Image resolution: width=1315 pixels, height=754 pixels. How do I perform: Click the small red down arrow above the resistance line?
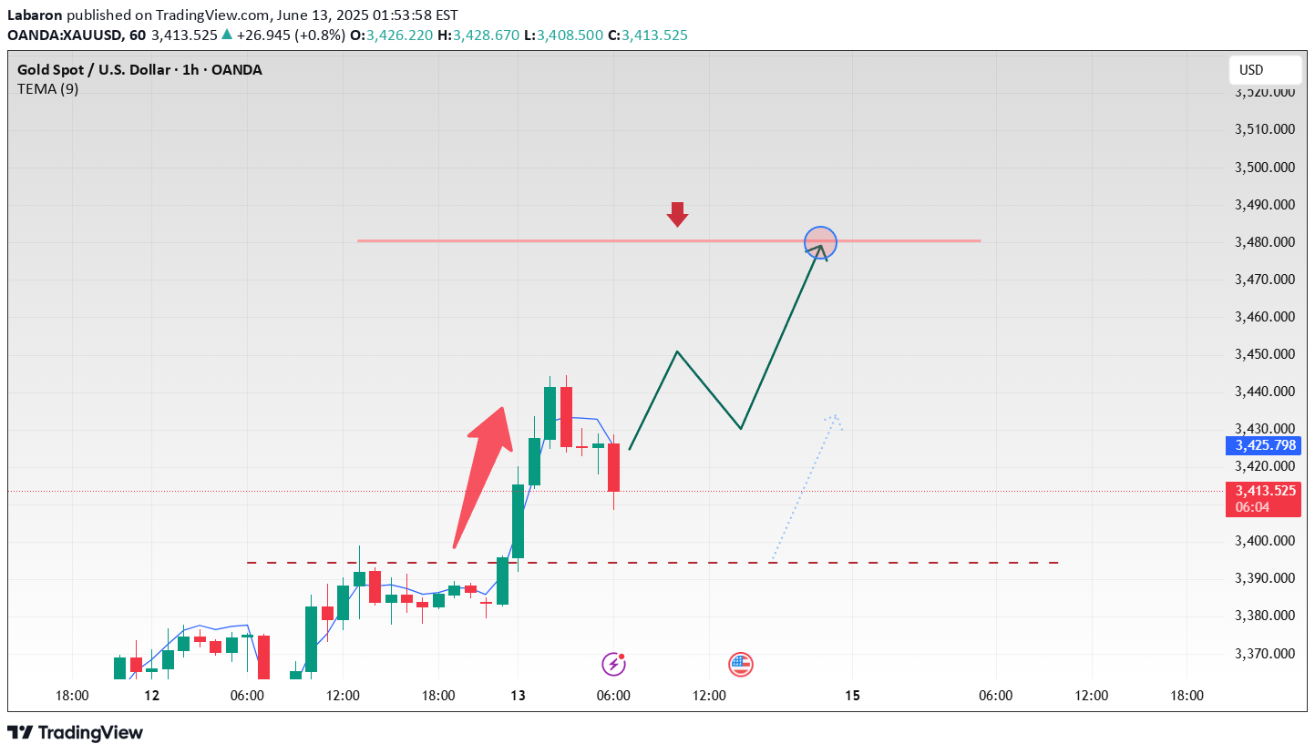point(676,214)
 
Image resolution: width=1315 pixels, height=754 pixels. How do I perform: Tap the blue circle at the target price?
point(820,241)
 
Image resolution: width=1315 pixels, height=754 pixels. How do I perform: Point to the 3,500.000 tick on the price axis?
point(1264,168)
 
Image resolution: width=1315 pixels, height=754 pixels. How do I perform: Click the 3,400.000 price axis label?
point(1264,541)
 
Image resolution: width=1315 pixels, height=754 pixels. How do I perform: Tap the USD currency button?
point(1264,70)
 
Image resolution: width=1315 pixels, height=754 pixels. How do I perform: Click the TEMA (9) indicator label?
point(47,89)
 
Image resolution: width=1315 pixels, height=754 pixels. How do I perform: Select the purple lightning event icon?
point(614,664)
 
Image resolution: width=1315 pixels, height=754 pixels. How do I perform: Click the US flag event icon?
point(741,665)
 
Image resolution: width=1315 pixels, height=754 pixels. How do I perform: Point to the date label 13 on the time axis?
point(518,696)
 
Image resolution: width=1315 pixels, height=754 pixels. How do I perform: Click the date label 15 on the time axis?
point(852,696)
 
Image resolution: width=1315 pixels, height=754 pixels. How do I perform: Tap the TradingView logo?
point(75,732)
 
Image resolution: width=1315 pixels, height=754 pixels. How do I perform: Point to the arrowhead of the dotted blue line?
point(833,418)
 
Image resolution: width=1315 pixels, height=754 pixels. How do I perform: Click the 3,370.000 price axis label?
point(1264,653)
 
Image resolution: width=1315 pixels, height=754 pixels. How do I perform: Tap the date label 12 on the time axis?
point(151,696)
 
